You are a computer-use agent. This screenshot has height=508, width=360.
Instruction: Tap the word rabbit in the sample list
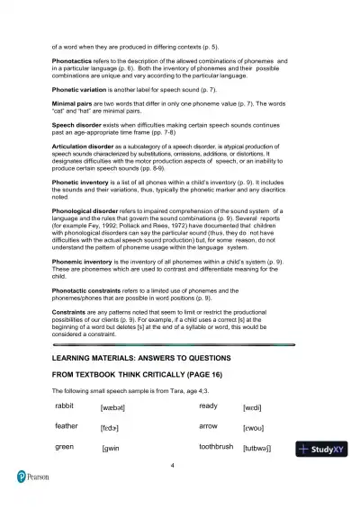66,406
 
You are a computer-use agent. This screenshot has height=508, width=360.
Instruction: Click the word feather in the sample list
67,426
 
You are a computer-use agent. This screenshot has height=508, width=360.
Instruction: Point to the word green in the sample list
64,446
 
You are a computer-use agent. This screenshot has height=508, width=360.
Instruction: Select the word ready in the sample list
208,406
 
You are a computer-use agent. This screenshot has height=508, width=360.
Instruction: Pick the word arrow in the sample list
208,426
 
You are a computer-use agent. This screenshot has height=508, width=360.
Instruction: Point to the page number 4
171,466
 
